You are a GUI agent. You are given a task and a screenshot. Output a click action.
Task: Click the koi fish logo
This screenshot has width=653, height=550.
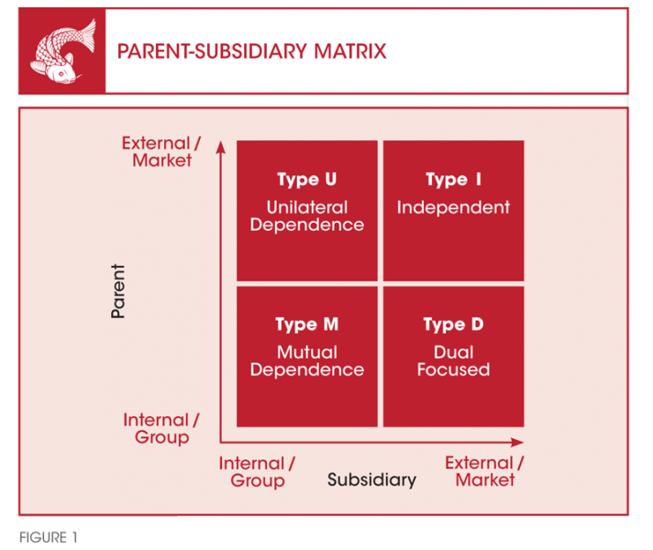pyautogui.click(x=62, y=50)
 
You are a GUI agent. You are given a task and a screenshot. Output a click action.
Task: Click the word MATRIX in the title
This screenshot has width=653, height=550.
pyautogui.click(x=350, y=51)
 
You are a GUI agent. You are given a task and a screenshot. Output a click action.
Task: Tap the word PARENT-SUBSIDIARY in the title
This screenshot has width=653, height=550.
pyautogui.click(x=213, y=51)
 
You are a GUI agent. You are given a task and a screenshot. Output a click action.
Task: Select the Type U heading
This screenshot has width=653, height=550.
pyautogui.click(x=307, y=180)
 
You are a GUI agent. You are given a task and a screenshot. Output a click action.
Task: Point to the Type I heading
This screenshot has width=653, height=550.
pyautogui.click(x=453, y=180)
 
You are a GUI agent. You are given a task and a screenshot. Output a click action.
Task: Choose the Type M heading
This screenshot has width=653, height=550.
pyautogui.click(x=307, y=324)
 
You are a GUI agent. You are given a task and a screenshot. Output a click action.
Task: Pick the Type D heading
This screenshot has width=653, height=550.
pyautogui.click(x=453, y=324)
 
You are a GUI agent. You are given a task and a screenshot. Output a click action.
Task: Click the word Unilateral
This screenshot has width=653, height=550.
pyautogui.click(x=307, y=207)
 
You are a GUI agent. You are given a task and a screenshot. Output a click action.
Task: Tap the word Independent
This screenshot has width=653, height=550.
pyautogui.click(x=453, y=207)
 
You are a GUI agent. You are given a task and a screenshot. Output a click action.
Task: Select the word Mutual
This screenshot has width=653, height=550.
pyautogui.click(x=307, y=352)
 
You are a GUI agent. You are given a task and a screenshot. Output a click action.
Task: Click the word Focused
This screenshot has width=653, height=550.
pyautogui.click(x=453, y=369)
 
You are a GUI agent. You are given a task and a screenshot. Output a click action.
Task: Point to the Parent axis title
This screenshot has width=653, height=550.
pyautogui.click(x=118, y=291)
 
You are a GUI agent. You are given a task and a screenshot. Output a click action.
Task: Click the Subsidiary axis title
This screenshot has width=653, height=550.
pyautogui.click(x=371, y=479)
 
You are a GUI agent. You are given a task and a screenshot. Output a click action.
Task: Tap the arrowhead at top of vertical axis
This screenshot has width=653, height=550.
pyautogui.click(x=221, y=147)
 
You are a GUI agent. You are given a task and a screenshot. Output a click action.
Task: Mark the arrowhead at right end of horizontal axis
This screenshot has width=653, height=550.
pyautogui.click(x=517, y=442)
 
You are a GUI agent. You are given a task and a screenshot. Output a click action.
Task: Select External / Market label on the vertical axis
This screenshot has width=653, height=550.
pyautogui.click(x=161, y=151)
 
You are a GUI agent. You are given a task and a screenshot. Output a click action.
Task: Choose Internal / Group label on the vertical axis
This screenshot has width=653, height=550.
pyautogui.click(x=161, y=428)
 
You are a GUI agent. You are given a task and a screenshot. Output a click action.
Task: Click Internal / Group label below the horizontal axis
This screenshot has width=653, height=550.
pyautogui.click(x=257, y=472)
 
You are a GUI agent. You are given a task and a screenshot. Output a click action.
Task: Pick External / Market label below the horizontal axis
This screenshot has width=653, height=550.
pyautogui.click(x=485, y=471)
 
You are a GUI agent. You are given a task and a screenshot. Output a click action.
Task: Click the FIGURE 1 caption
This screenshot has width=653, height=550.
pyautogui.click(x=49, y=537)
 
